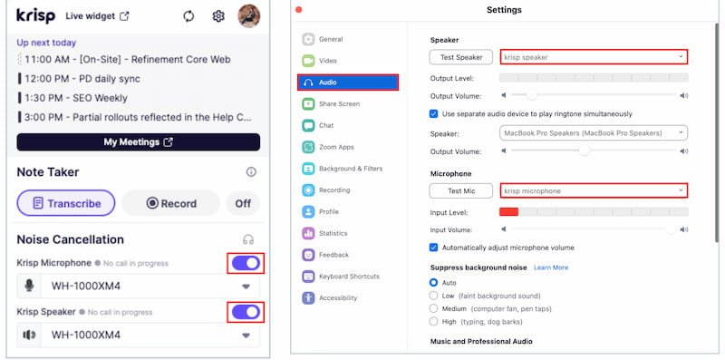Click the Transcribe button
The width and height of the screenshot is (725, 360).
pyautogui.click(x=66, y=203)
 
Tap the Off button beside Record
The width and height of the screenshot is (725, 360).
pyautogui.click(x=243, y=203)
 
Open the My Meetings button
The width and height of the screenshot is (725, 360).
pyautogui.click(x=139, y=142)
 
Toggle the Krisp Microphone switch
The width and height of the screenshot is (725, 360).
pyautogui.click(x=246, y=263)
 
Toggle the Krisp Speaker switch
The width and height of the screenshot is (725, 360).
pyautogui.click(x=246, y=312)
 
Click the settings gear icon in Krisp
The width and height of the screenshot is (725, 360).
pyautogui.click(x=218, y=16)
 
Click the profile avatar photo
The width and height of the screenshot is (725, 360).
pyautogui.click(x=248, y=16)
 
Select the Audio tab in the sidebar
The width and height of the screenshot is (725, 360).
pyautogui.click(x=348, y=83)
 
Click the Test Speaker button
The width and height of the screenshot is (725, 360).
pyautogui.click(x=461, y=57)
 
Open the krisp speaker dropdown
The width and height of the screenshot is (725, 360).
pyautogui.click(x=594, y=57)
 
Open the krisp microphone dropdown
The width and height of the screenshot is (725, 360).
pyautogui.click(x=594, y=190)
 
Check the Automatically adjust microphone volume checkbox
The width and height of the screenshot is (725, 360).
pyautogui.click(x=433, y=248)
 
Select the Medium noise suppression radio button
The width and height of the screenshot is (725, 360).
pyautogui.click(x=433, y=308)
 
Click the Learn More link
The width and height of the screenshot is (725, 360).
pyautogui.click(x=551, y=268)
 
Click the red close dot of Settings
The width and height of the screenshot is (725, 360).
pyautogui.click(x=299, y=10)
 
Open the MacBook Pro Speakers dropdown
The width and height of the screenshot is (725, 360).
pyautogui.click(x=594, y=132)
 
